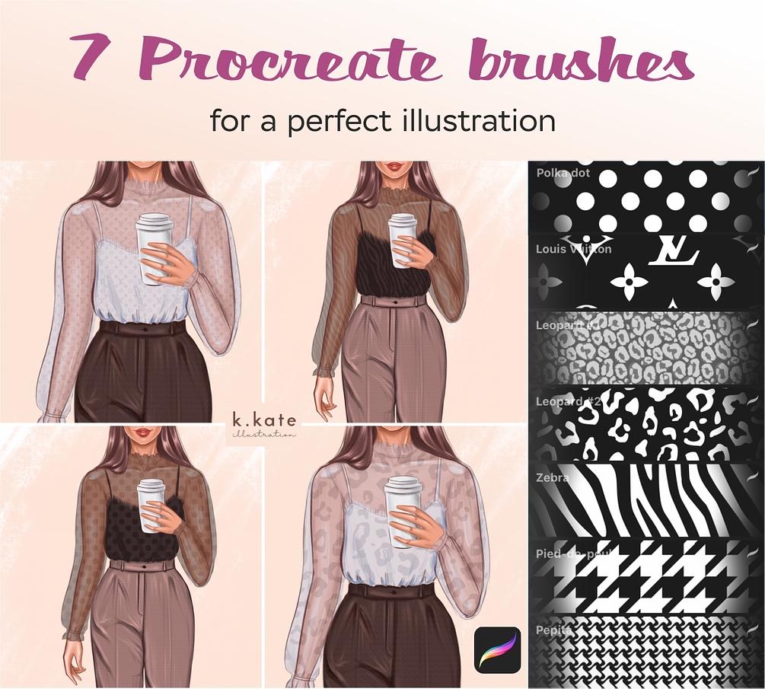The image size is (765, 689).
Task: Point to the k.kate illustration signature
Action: [265, 425]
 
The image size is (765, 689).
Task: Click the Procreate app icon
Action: [497, 649]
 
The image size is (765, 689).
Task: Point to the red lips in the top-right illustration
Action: [394, 167]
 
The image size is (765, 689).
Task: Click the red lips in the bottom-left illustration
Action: [142, 432]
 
